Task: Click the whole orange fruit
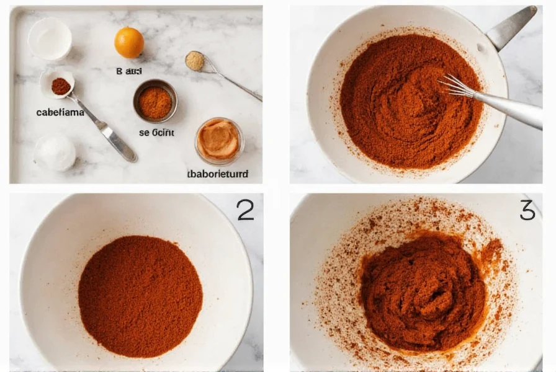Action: pyautogui.click(x=129, y=42)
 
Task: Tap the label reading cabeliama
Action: pyautogui.click(x=60, y=113)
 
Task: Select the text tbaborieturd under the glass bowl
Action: pyautogui.click(x=217, y=174)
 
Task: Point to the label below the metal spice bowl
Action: pyautogui.click(x=155, y=132)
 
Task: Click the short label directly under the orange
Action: pyautogui.click(x=129, y=71)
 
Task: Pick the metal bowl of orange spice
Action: pyautogui.click(x=155, y=101)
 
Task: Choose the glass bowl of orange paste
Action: pyautogui.click(x=218, y=140)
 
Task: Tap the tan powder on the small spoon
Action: pyautogui.click(x=195, y=60)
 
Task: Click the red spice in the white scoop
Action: pyautogui.click(x=60, y=86)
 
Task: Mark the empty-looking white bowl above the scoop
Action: pyautogui.click(x=50, y=39)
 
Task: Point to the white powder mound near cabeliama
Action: pyautogui.click(x=55, y=153)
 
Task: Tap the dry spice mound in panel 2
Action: pyautogui.click(x=140, y=295)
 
